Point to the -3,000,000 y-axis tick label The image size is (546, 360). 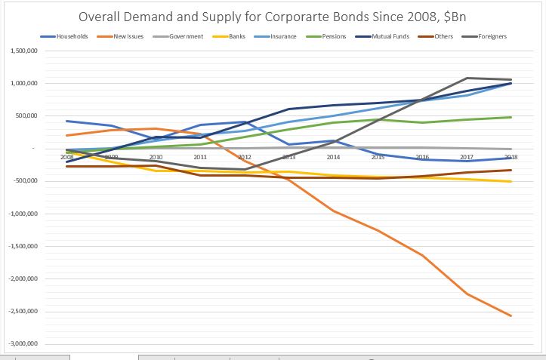(x=23, y=344)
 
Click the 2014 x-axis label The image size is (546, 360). (x=334, y=157)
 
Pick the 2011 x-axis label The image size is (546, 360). (x=200, y=157)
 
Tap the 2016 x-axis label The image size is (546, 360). (x=422, y=157)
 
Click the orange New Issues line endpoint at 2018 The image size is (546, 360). (x=511, y=315)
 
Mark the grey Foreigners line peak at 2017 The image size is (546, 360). (x=467, y=78)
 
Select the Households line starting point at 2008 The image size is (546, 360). (x=67, y=121)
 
